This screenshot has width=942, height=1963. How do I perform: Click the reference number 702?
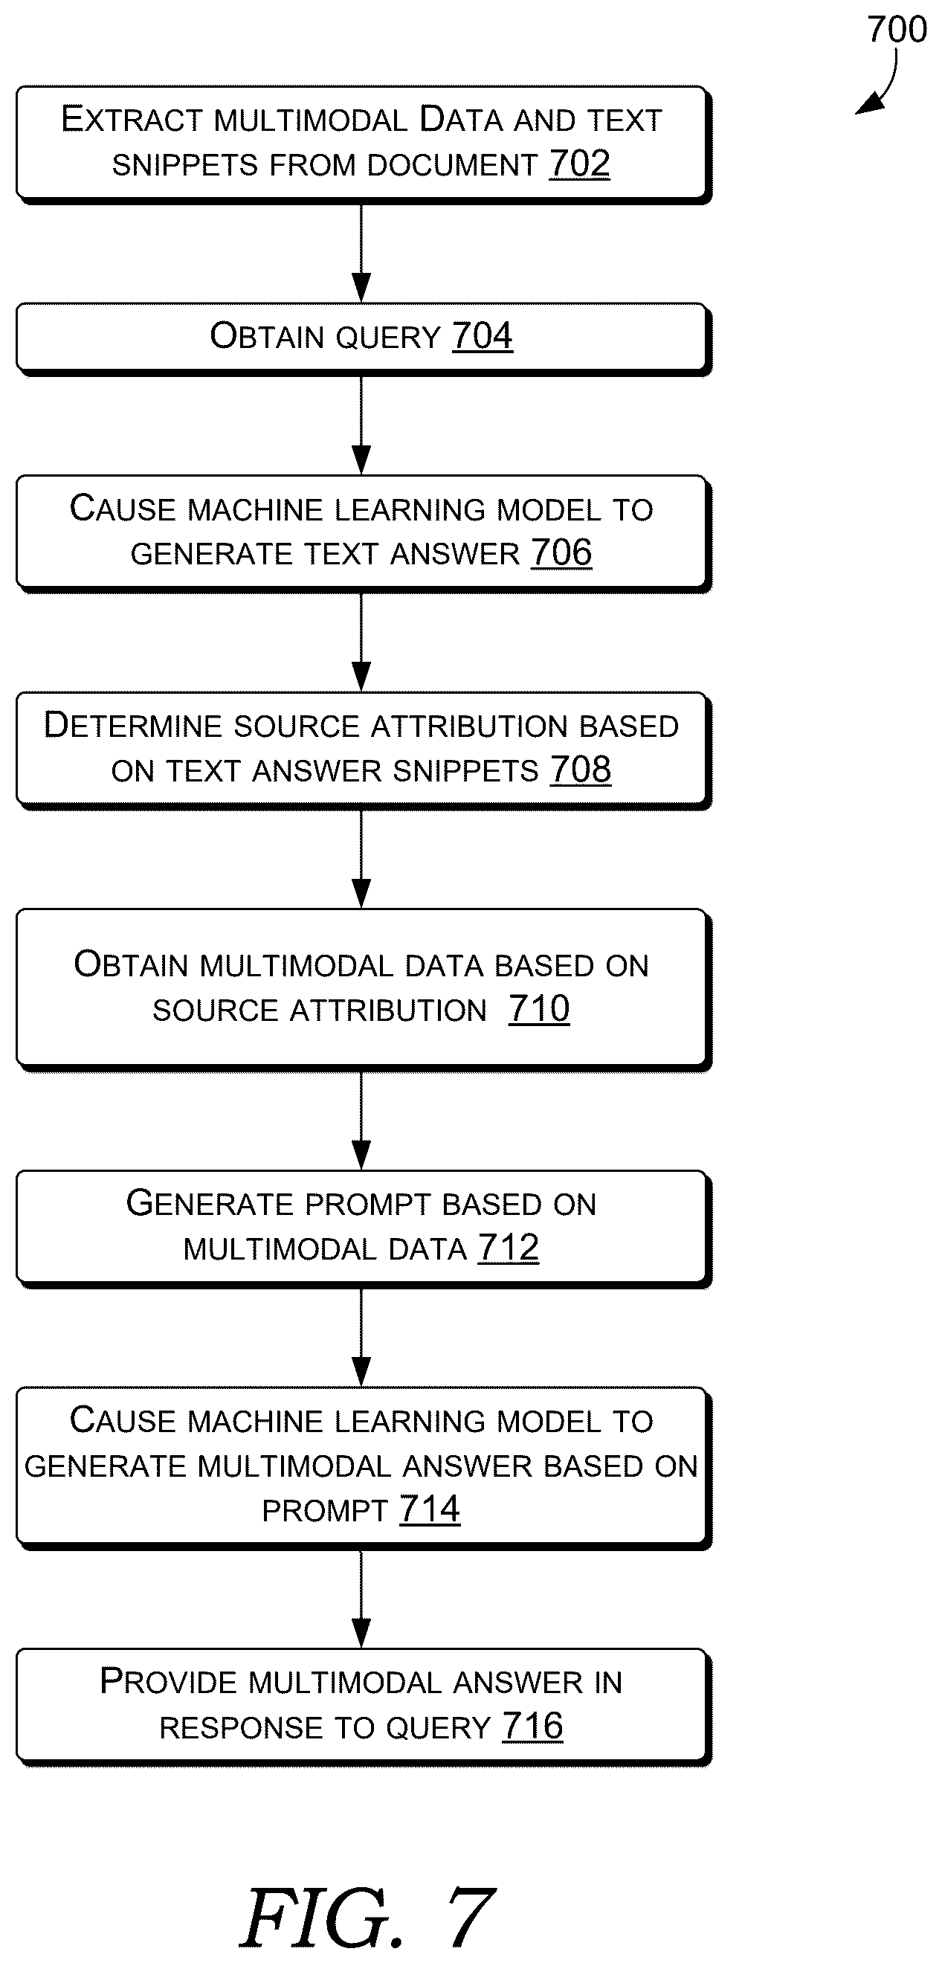[x=579, y=164]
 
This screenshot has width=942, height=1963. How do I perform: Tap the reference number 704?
[x=483, y=336]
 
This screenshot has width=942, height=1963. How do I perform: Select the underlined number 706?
[x=561, y=552]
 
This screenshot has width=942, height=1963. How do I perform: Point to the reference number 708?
[x=581, y=770]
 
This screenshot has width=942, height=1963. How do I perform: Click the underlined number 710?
[x=539, y=1009]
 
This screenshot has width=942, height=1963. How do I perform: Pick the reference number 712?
[x=509, y=1248]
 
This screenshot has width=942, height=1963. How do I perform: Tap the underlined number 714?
[x=430, y=1509]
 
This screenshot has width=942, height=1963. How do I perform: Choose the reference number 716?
[x=533, y=1726]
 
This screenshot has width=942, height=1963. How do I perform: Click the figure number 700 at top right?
[x=897, y=30]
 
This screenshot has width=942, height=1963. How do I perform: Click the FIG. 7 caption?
[x=367, y=1918]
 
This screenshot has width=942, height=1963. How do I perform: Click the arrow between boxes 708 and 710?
[x=361, y=859]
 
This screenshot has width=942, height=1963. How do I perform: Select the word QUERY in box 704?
[x=388, y=338]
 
